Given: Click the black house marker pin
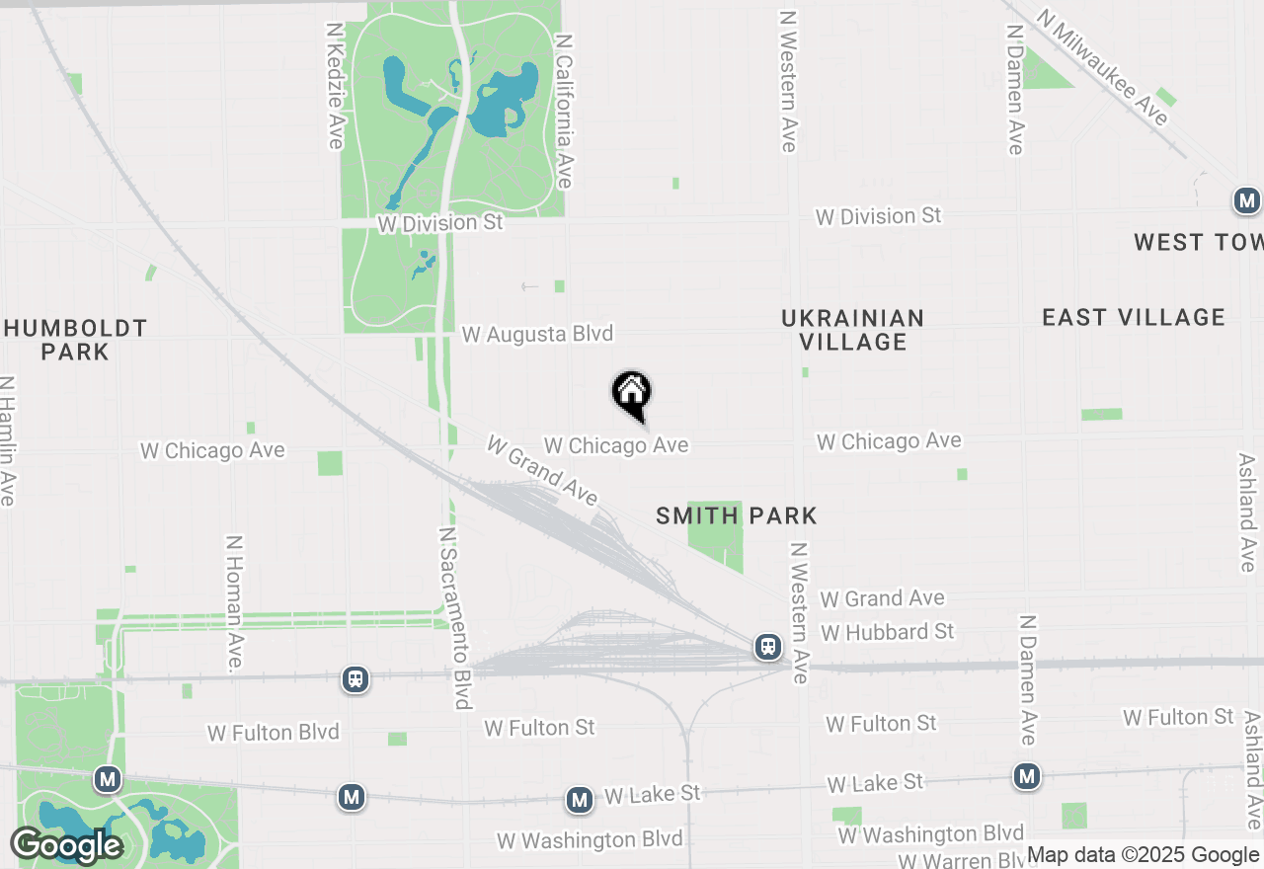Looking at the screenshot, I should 632,394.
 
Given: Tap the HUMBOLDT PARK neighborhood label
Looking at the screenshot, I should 75,340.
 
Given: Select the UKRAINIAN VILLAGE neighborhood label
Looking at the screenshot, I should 853,330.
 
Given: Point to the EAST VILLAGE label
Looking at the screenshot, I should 1134,317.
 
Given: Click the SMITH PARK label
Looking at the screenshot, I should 737,515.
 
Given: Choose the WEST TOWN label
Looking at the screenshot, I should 1197,242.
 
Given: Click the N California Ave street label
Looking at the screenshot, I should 564,112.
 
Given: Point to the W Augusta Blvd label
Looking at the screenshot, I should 537,335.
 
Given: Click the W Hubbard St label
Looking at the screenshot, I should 888,631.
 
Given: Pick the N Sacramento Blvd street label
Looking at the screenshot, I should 455,617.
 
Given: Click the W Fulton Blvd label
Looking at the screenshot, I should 273,733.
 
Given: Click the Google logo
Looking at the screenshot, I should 65,846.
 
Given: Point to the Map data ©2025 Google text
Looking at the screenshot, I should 1143,855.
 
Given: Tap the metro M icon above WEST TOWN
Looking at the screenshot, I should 1247,201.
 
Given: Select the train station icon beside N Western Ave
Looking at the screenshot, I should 767,647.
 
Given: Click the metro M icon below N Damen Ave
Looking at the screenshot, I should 1028,777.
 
